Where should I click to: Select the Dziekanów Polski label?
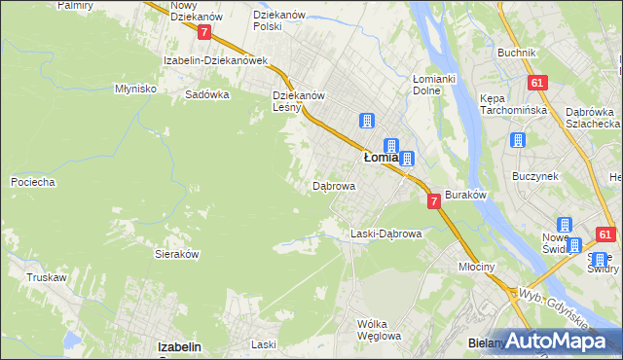point(280,20)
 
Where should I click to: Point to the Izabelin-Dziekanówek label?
point(215,60)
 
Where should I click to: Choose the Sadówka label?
point(206,95)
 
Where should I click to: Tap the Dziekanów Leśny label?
point(298,102)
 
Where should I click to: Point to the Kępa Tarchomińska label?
point(510,105)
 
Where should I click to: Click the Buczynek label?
point(534,177)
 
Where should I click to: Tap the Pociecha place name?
point(32,182)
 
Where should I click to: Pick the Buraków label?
point(465,195)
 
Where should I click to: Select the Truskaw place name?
point(47,277)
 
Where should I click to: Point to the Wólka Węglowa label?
point(379,330)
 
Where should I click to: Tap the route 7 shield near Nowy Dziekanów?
point(203,32)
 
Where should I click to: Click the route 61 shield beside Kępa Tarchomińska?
point(536,83)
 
